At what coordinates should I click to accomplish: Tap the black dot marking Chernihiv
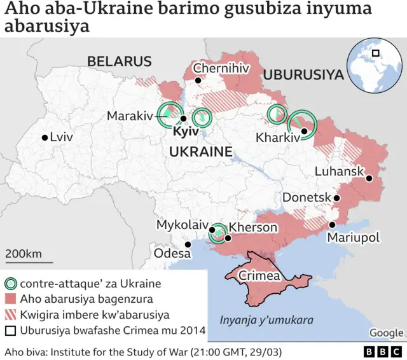click(198, 81)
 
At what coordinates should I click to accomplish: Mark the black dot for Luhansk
click(369, 179)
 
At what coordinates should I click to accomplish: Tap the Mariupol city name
click(353, 237)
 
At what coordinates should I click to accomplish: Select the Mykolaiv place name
click(183, 225)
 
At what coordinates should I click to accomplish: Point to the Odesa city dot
click(188, 244)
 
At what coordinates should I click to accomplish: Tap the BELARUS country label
click(120, 61)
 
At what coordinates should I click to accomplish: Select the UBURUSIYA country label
click(303, 74)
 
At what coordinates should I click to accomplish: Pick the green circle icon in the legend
click(11, 284)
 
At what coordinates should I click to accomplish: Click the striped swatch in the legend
click(11, 315)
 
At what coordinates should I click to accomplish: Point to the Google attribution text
click(386, 333)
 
